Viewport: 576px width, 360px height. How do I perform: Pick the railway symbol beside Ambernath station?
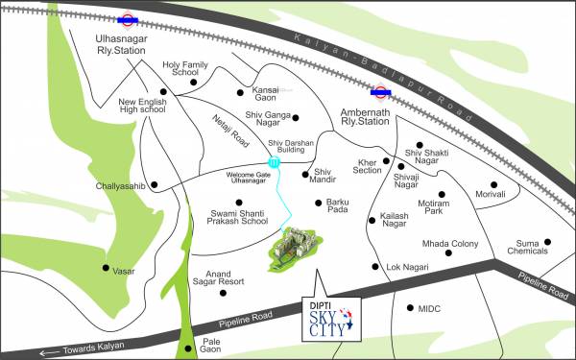(x=382, y=94)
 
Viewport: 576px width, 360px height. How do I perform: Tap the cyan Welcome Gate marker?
(x=275, y=163)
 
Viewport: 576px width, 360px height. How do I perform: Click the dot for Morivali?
(x=495, y=184)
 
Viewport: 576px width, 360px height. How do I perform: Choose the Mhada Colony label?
(x=451, y=244)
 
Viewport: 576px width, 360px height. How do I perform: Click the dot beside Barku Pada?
(x=318, y=202)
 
